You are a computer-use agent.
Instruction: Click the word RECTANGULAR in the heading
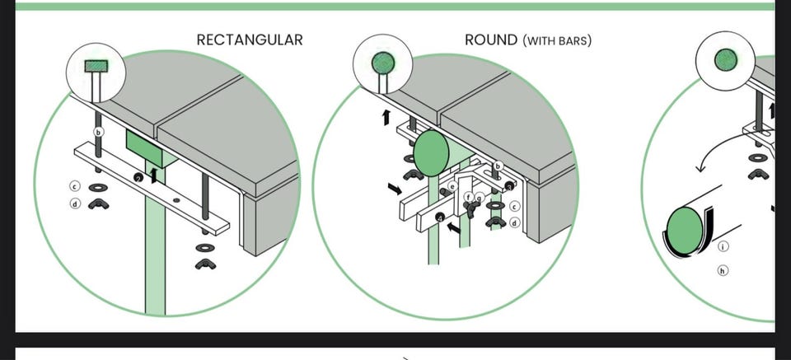[250, 40]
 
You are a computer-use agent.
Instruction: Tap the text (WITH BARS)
[557, 40]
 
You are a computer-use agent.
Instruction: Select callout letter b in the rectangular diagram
[99, 132]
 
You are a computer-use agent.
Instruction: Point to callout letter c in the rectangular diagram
[75, 187]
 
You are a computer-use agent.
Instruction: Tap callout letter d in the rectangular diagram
[75, 203]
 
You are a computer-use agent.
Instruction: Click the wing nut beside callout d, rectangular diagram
[97, 203]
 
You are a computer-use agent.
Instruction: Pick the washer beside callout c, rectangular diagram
[97, 187]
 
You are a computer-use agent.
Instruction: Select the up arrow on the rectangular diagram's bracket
[151, 175]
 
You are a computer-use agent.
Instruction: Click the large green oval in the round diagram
[430, 154]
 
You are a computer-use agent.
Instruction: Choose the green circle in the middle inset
[381, 63]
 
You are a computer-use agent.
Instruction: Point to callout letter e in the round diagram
[452, 187]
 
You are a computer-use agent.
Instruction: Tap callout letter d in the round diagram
[515, 222]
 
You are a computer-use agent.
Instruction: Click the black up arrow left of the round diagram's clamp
[386, 117]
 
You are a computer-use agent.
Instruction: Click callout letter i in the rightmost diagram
[723, 246]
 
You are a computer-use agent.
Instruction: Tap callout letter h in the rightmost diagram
[723, 269]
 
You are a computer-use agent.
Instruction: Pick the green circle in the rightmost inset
[726, 59]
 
